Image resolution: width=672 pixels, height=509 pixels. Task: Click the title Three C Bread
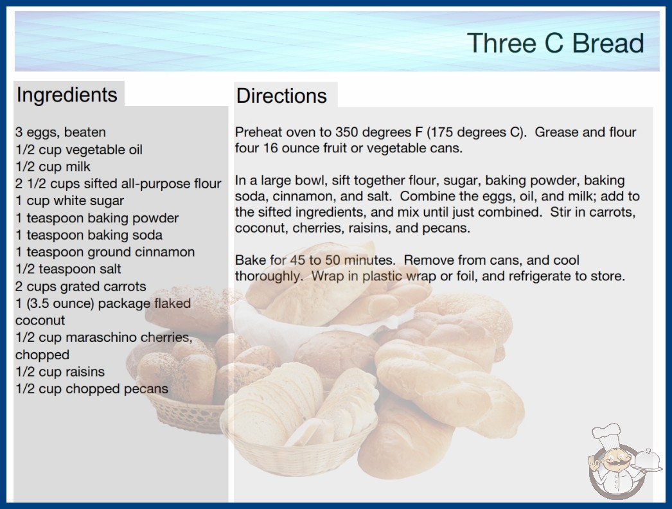(x=556, y=43)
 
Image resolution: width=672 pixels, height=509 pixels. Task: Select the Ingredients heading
(x=67, y=94)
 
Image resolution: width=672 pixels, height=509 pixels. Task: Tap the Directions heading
(x=281, y=96)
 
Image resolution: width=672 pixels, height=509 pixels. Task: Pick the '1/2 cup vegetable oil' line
(x=79, y=150)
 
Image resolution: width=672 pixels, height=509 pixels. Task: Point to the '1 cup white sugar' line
(x=69, y=201)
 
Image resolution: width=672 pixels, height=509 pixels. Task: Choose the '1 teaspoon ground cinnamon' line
(x=105, y=252)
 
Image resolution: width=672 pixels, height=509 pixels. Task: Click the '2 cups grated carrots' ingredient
(x=80, y=286)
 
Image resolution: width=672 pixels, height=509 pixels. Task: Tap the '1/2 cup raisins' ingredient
(x=60, y=371)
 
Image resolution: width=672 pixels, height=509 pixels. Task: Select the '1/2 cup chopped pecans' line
(x=92, y=389)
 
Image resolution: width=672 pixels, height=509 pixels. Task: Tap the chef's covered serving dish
(x=648, y=461)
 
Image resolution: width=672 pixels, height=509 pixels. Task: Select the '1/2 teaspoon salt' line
(x=68, y=269)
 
